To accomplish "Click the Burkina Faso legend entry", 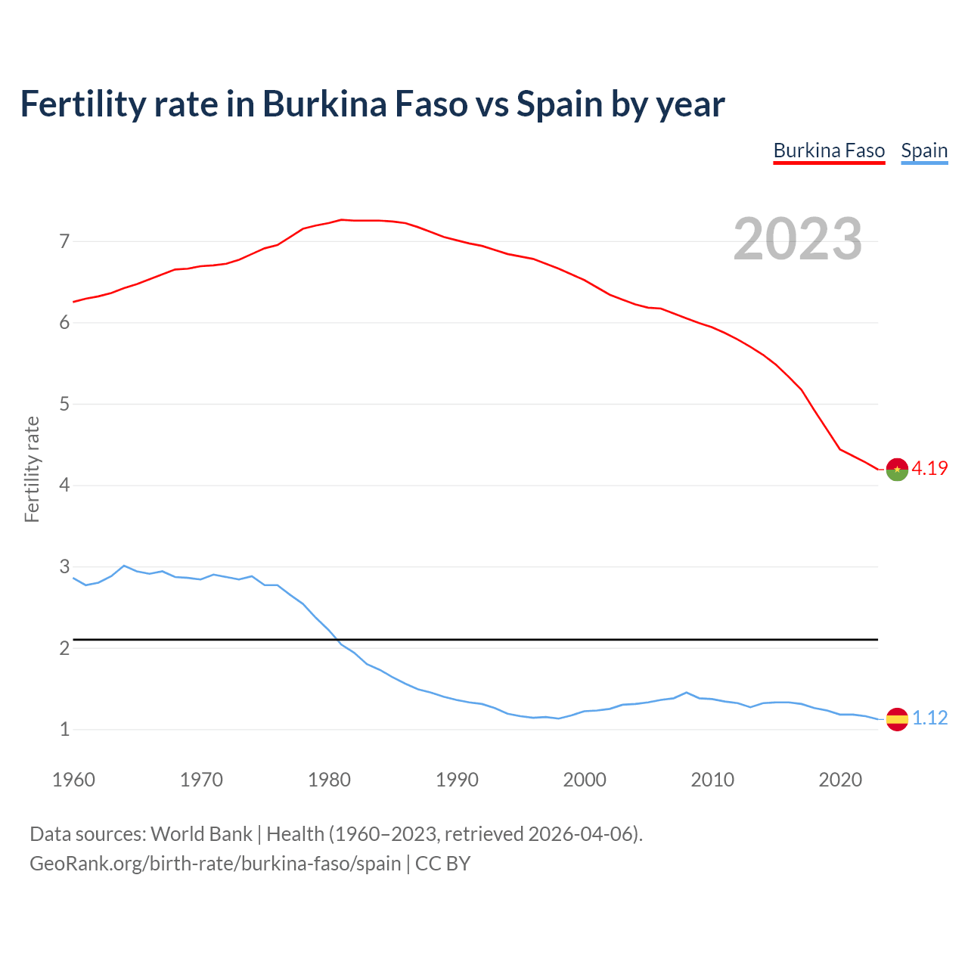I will (829, 151).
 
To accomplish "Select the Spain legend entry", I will (924, 151).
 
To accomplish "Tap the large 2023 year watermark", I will (798, 239).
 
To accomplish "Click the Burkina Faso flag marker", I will (897, 470).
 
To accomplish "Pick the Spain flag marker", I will (897, 719).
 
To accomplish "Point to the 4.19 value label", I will (929, 469).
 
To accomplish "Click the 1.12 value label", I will (929, 718).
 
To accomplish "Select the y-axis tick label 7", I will (64, 242).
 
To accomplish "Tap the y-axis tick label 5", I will (64, 405).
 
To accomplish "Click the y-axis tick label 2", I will (64, 649).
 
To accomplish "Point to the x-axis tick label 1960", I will (73, 780).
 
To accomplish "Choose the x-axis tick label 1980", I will (329, 780).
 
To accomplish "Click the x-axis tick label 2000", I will (585, 780).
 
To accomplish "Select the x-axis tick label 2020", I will (840, 780).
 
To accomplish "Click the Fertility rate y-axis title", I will (32, 470).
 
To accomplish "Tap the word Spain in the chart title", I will (560, 104).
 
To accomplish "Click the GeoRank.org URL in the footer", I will (215, 864).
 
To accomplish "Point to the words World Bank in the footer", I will (201, 834).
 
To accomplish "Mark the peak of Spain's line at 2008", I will (687, 692).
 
